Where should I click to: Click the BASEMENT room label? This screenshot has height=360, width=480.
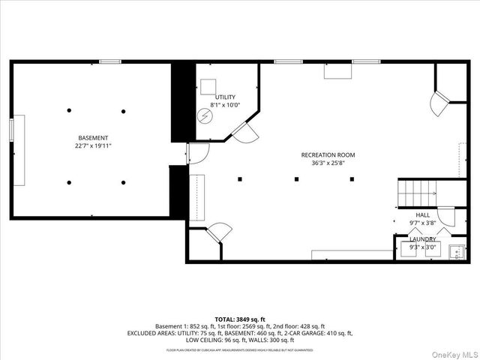[94, 138]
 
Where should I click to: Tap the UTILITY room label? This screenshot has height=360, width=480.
[225, 97]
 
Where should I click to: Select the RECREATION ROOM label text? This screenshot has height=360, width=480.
[328, 155]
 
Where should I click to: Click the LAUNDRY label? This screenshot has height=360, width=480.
[423, 239]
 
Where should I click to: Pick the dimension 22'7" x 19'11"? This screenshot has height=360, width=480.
[94, 146]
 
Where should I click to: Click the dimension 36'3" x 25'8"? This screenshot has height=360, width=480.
[328, 163]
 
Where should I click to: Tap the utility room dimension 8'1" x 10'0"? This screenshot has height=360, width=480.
[225, 106]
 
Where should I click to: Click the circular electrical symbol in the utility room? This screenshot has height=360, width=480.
[204, 116]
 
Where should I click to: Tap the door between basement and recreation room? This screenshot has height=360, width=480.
[195, 153]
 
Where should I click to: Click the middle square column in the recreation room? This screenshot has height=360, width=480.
[297, 178]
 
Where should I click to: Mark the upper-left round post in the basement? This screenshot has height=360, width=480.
[69, 110]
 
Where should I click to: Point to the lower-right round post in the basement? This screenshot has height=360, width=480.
[124, 182]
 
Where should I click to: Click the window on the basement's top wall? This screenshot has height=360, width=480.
[110, 61]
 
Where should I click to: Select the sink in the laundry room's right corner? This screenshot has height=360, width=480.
[456, 252]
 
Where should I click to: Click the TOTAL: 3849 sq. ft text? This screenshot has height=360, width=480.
[240, 319]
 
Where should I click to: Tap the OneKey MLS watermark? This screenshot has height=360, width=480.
[453, 352]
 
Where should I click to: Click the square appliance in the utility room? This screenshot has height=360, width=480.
[208, 85]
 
